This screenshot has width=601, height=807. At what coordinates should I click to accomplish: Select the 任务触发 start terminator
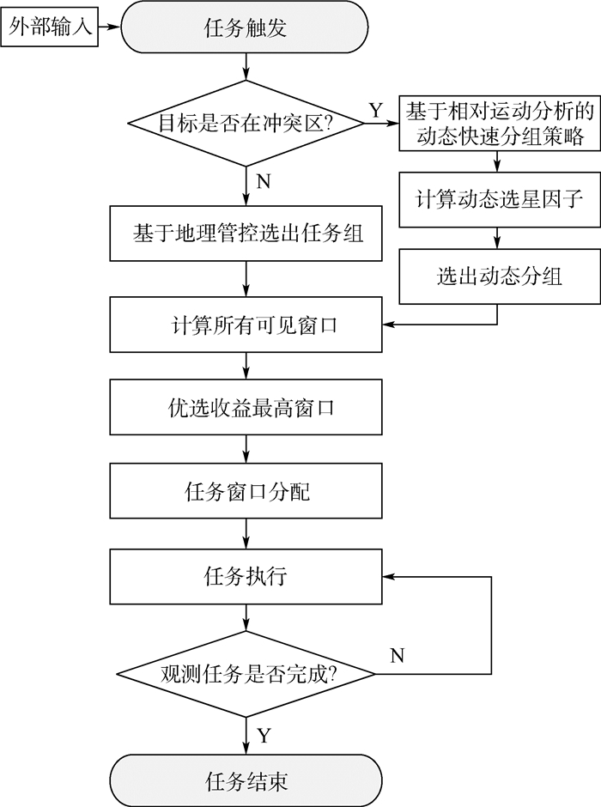click(246, 29)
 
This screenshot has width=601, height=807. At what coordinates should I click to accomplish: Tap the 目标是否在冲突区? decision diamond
click(246, 123)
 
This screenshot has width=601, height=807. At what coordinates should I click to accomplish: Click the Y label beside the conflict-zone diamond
click(375, 110)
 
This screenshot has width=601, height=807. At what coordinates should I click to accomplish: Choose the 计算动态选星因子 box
click(498, 201)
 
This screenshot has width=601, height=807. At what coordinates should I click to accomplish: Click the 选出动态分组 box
click(498, 276)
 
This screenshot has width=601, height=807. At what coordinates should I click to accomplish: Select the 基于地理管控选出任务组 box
click(246, 234)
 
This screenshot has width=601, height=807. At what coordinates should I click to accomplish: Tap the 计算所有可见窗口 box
click(246, 325)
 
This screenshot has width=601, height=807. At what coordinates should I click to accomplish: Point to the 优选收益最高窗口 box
click(246, 408)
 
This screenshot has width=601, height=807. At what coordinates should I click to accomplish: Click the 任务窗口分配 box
click(246, 492)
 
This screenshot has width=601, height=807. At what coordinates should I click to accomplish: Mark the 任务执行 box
click(246, 576)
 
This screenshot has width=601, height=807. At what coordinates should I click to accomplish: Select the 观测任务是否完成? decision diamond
click(246, 674)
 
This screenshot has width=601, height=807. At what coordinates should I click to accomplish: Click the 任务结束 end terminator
click(246, 780)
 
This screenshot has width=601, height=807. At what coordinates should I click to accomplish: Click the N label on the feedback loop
click(397, 656)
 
